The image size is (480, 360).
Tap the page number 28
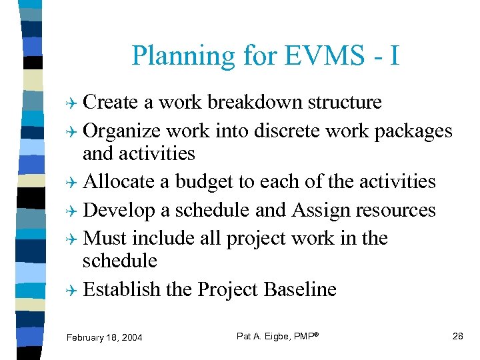pyautogui.click(x=457, y=336)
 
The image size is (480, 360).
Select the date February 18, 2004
pyautogui.click(x=104, y=337)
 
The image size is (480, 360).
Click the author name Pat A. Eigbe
pyautogui.click(x=266, y=336)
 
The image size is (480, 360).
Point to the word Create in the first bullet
pyautogui.click(x=111, y=102)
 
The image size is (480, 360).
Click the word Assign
pyautogui.click(x=317, y=210)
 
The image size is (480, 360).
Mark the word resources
pyautogui.click(x=396, y=210)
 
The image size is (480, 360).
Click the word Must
pyautogui.click(x=105, y=238)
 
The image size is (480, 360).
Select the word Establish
pyautogui.click(x=122, y=289)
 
